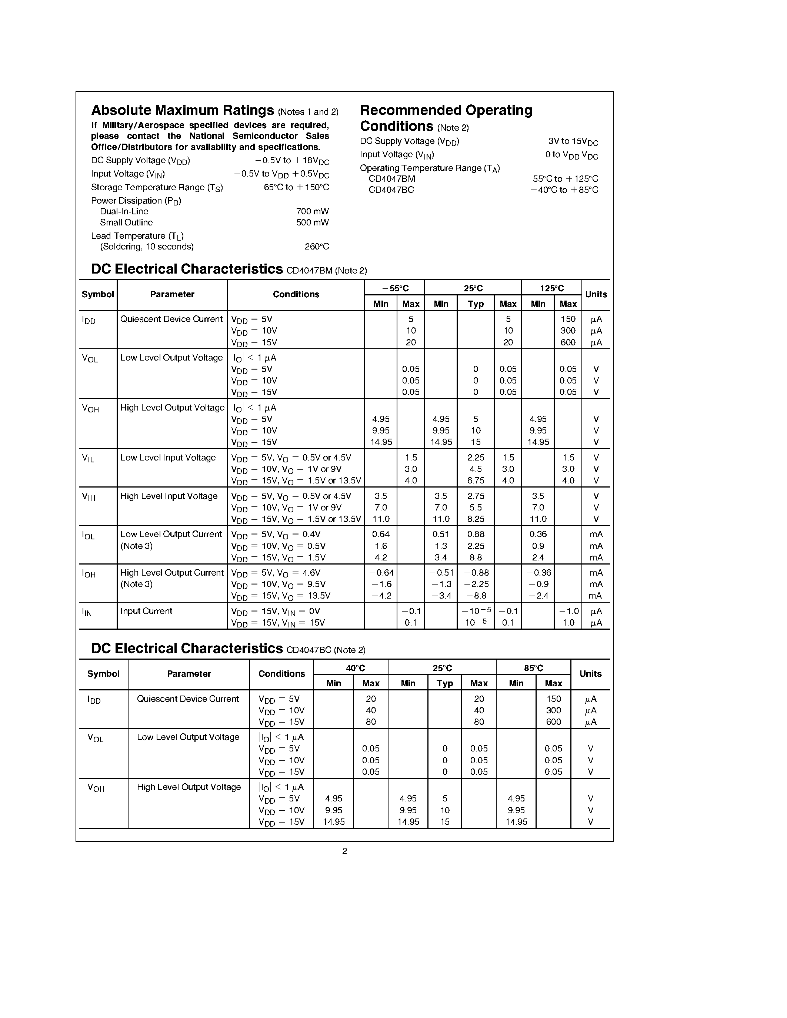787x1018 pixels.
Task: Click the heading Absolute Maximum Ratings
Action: pos(182,110)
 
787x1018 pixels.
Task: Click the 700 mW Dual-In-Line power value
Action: pos(312,211)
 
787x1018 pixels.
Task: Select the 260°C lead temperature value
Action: pos(317,247)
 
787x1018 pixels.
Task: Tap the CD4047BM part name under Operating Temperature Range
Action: pos(391,179)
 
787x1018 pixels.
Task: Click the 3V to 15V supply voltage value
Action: pos(573,142)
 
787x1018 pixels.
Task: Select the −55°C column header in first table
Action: pos(395,288)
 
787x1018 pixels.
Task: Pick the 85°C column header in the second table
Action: pos(533,668)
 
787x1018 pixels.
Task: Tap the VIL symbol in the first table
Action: pos(88,458)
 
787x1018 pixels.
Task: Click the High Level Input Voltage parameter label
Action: pos(169,496)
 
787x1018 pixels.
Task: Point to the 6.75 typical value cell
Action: pos(476,480)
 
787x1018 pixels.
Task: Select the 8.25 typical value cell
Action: pos(476,519)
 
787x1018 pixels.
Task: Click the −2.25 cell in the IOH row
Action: pos(476,584)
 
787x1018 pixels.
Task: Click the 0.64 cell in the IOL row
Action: pos(381,534)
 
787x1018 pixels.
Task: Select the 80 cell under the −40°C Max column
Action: pos(371,721)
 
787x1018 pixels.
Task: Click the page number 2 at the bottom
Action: pos(344,851)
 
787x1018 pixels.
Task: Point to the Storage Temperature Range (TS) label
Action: pos(157,187)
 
